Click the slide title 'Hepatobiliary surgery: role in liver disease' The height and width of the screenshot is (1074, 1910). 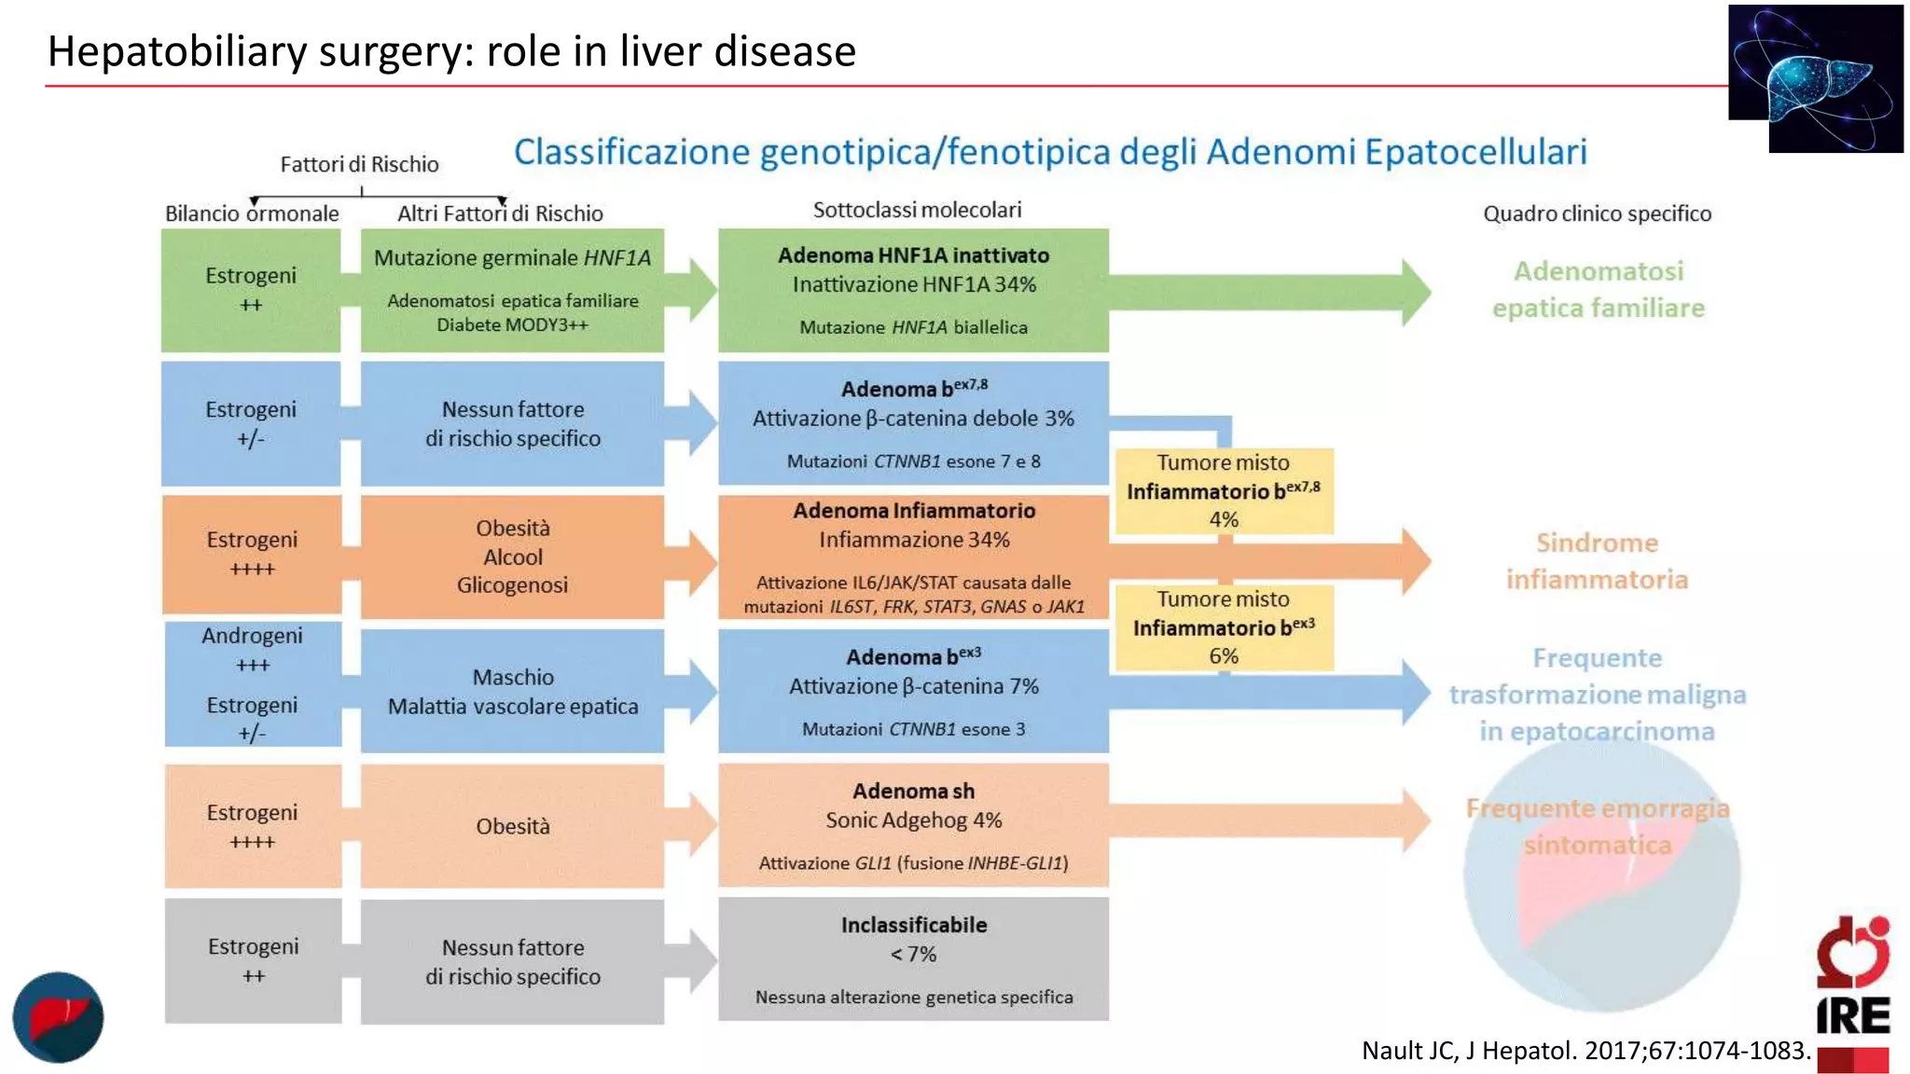(x=451, y=51)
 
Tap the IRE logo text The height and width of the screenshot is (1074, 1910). (x=1852, y=1015)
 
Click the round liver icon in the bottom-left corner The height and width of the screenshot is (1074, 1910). (x=58, y=1017)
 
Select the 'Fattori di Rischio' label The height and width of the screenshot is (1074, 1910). (x=359, y=164)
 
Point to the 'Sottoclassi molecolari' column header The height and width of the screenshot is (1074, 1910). (x=917, y=210)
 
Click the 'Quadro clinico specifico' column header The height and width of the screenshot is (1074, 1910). (x=1597, y=213)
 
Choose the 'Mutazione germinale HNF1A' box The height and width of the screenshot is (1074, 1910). (x=512, y=289)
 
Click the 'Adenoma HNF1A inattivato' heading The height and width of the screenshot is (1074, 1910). (x=913, y=255)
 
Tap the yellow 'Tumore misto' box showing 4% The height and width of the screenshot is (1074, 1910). (x=1224, y=490)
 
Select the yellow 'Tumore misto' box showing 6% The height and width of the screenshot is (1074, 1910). (x=1224, y=627)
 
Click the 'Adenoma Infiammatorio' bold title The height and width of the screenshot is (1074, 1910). (x=914, y=511)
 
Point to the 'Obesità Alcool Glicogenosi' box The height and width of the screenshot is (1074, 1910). (x=512, y=557)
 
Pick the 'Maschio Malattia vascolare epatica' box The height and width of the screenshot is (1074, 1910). (x=512, y=691)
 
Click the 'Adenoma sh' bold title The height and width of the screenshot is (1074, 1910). (x=913, y=792)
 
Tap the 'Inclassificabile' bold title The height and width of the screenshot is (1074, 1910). (x=913, y=925)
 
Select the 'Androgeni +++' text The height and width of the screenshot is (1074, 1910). (x=252, y=649)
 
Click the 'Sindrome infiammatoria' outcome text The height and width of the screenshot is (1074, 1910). (x=1597, y=561)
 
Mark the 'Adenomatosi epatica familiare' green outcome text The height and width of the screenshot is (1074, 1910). (x=1598, y=289)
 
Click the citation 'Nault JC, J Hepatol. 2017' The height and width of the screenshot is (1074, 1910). (x=1585, y=1051)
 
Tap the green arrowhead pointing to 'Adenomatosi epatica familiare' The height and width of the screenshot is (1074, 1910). (x=1415, y=292)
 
